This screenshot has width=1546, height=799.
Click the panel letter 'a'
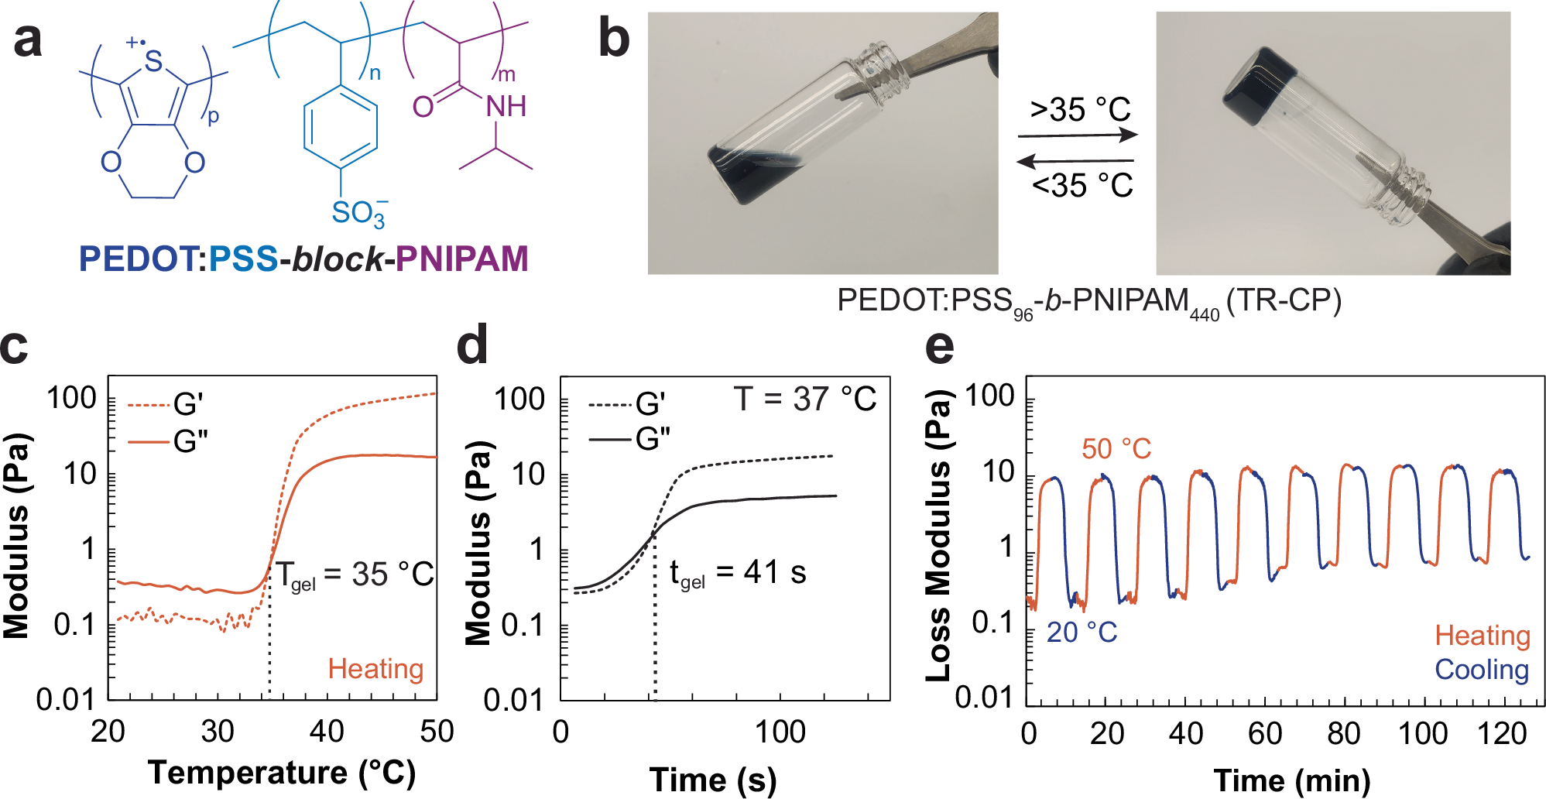28,40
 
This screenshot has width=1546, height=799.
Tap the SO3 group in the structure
358,213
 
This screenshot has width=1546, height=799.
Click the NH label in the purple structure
506,107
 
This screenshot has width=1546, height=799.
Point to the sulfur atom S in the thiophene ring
153,62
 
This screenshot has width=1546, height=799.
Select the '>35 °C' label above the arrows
1080,110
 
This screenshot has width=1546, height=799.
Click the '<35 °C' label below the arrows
1082,186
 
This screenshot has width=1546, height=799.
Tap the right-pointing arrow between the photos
1078,135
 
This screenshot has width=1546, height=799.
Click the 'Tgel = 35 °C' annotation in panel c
355,575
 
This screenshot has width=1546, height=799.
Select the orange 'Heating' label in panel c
375,668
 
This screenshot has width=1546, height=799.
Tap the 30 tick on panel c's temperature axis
218,732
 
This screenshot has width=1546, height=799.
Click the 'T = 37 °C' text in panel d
804,399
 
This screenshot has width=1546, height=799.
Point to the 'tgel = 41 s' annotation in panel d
737,574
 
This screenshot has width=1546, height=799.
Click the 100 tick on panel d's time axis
780,732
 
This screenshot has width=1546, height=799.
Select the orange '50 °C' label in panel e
1116,449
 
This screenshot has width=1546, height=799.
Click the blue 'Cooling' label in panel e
1482,670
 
